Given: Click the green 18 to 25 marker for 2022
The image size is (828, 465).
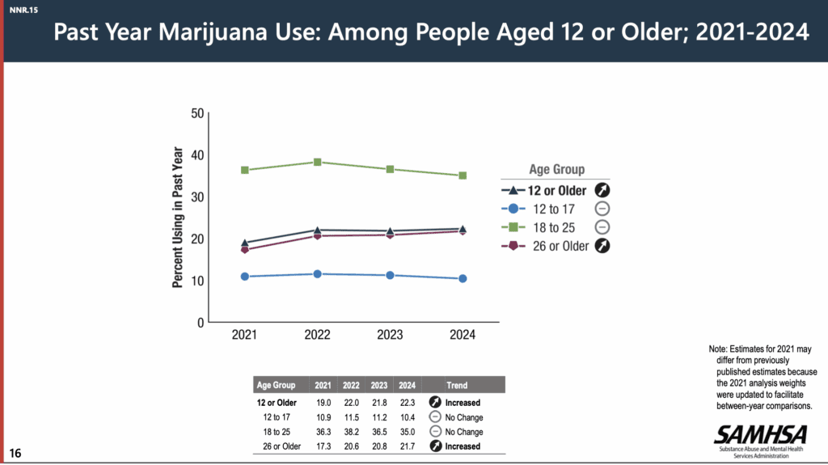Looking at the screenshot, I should tap(318, 163).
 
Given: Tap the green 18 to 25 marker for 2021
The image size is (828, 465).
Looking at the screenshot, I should tap(244, 170).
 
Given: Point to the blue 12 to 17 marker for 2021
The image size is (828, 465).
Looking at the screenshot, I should tap(244, 277).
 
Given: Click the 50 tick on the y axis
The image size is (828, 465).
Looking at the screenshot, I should tap(196, 113).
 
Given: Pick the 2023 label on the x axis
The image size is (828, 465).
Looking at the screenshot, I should tap(390, 335).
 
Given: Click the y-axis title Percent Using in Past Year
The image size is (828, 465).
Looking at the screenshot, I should tap(177, 218).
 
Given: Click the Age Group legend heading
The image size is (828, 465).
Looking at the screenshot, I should tap(556, 170).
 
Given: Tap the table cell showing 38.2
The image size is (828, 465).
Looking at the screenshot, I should tap(353, 432).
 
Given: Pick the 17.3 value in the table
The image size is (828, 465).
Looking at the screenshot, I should tap(324, 446).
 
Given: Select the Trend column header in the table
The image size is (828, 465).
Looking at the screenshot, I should tap(456, 385).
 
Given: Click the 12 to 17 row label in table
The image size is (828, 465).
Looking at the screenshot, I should tap(277, 417).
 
